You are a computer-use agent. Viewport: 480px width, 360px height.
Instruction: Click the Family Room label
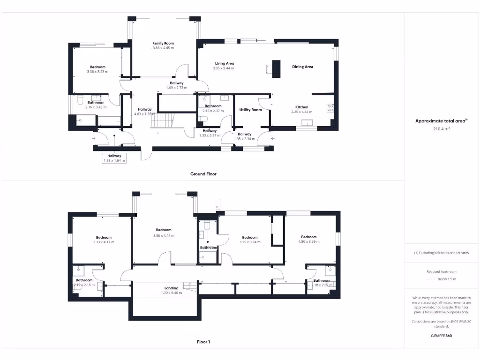click(x=163, y=43)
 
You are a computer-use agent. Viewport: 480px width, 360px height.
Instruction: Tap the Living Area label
click(x=225, y=63)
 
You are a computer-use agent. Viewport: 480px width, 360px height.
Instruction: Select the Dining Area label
click(x=302, y=67)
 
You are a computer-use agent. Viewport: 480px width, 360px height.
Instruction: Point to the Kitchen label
click(x=301, y=107)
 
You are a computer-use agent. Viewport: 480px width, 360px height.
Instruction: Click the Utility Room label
click(x=250, y=110)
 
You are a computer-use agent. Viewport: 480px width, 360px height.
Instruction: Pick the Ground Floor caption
click(x=203, y=174)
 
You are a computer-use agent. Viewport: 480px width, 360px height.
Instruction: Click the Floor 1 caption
click(x=203, y=342)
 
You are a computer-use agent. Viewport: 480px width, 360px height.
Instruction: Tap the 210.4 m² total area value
click(x=442, y=128)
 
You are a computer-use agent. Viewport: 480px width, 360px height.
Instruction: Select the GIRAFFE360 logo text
click(x=442, y=336)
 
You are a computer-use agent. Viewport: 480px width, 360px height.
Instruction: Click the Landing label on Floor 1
click(x=171, y=288)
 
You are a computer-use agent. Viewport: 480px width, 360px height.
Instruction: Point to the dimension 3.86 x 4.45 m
click(x=163, y=48)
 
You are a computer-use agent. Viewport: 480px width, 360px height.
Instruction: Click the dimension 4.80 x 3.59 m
click(x=309, y=242)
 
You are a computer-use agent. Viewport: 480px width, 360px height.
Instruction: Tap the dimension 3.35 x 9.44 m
click(x=223, y=68)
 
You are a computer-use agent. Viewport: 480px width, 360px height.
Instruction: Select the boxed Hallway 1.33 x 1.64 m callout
click(x=114, y=158)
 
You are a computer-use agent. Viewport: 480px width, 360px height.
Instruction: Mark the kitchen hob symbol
click(x=330, y=108)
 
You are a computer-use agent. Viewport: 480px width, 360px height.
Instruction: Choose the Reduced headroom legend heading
click(x=441, y=272)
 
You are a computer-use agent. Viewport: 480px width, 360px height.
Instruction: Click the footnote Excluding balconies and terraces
click(x=441, y=253)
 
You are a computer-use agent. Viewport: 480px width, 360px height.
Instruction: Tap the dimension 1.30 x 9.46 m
click(x=171, y=293)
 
